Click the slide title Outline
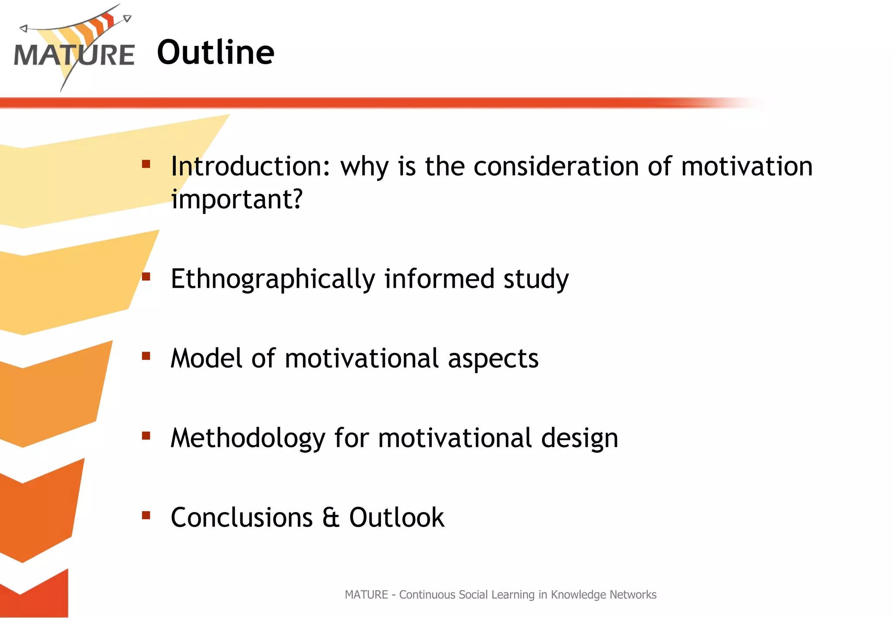click(x=215, y=52)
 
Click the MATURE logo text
click(x=74, y=55)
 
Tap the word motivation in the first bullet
click(x=746, y=166)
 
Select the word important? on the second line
click(x=236, y=200)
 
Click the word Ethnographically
click(x=273, y=279)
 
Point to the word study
click(x=536, y=279)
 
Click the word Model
click(x=206, y=359)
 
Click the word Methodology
click(x=248, y=438)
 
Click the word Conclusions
click(x=242, y=518)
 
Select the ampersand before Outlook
click(x=331, y=518)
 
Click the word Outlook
click(x=396, y=518)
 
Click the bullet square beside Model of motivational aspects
click(x=146, y=356)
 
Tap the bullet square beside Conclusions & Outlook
click(x=146, y=516)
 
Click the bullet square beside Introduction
click(x=146, y=164)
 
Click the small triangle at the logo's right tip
click(x=127, y=18)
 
